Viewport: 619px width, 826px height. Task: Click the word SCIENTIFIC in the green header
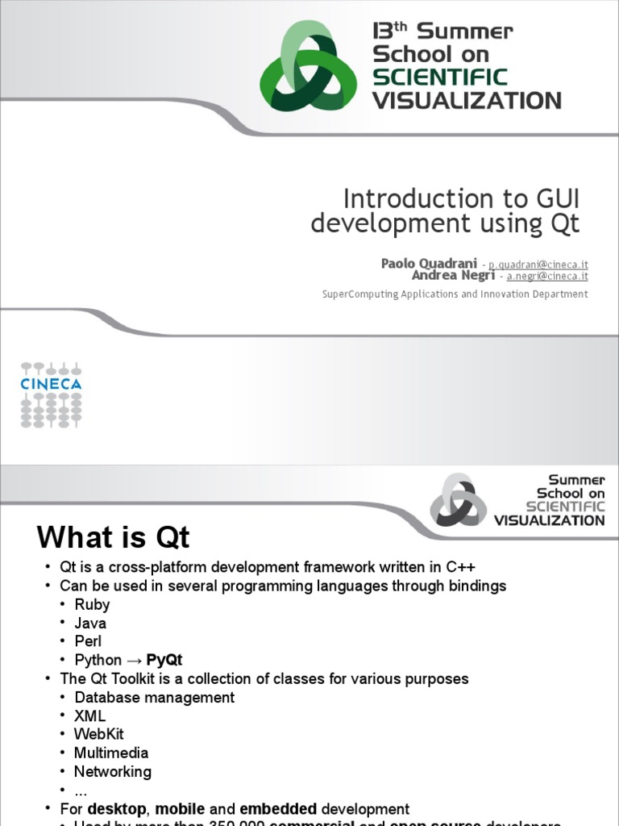point(439,77)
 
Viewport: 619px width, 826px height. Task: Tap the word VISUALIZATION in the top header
point(467,101)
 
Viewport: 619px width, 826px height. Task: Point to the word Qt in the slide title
point(565,223)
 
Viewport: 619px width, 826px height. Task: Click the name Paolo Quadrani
point(429,264)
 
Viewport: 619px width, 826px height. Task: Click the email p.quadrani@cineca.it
point(538,265)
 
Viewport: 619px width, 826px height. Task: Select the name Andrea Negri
point(453,276)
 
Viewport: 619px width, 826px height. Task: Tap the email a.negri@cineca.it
point(547,276)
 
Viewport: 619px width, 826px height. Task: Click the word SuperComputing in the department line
point(350,294)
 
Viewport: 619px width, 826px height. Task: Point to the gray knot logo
point(458,501)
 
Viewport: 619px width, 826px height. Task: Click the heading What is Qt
point(114,537)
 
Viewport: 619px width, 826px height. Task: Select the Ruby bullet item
point(92,604)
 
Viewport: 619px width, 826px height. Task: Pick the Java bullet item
point(90,623)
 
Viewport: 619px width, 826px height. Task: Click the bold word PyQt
point(164,660)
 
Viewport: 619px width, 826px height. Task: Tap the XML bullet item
point(90,715)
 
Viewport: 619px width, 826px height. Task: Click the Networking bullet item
point(113,771)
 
